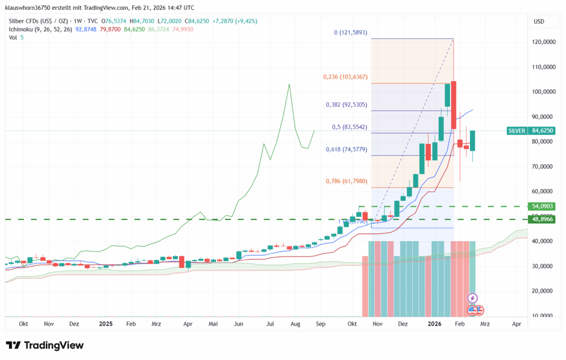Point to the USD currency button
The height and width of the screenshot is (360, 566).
539,22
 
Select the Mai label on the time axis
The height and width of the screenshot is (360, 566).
213,325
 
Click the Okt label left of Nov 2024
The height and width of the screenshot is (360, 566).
24,325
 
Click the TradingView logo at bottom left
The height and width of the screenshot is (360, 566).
45,345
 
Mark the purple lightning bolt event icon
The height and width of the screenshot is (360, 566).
472,298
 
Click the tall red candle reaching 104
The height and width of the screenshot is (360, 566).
454,105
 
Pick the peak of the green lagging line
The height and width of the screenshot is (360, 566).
289,85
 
